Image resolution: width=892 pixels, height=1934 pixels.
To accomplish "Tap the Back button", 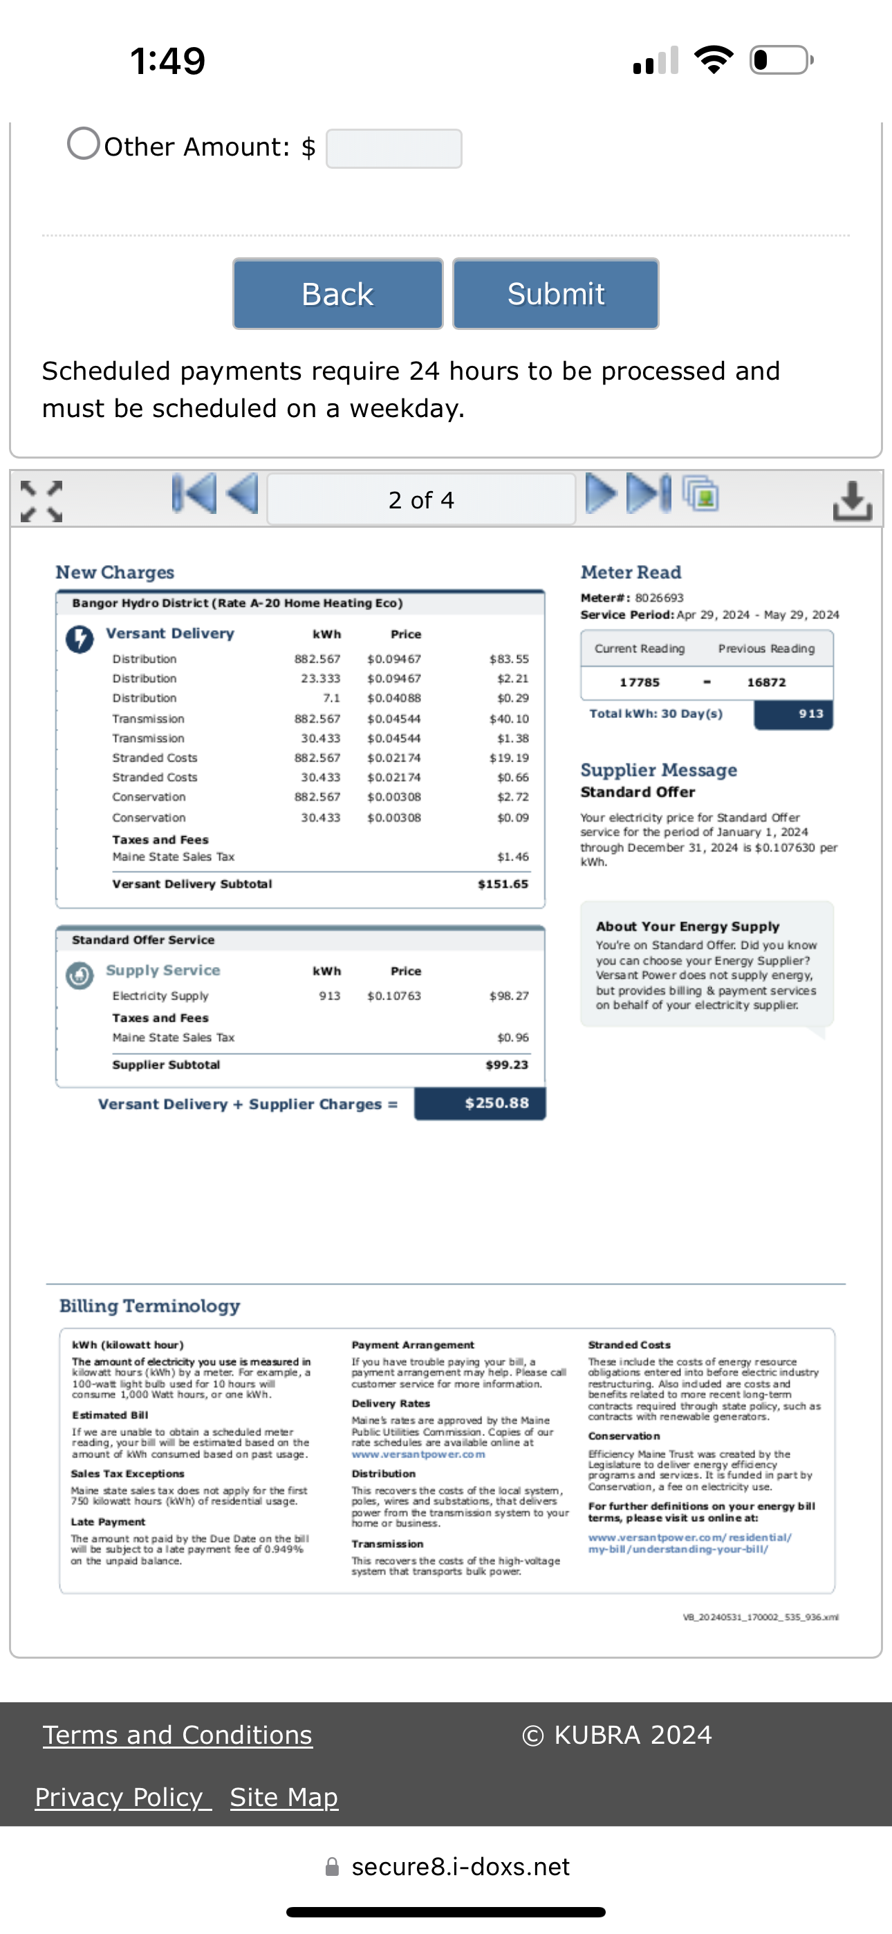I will [x=338, y=293].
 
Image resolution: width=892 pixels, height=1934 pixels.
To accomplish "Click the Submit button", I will [x=556, y=293].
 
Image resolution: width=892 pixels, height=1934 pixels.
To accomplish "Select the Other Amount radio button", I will [x=84, y=142].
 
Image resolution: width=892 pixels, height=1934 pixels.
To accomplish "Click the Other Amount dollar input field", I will [x=393, y=149].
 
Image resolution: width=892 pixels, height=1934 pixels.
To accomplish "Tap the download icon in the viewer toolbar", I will [x=852, y=500].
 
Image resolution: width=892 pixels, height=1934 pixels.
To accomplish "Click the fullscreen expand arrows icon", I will [x=41, y=501].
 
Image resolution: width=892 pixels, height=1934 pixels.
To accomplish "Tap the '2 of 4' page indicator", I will [x=421, y=499].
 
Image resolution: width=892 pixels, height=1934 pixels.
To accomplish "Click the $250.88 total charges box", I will [x=480, y=1103].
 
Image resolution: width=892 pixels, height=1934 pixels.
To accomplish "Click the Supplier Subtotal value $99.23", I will [x=507, y=1065].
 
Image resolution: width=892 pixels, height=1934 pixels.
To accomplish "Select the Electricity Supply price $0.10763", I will [x=393, y=995].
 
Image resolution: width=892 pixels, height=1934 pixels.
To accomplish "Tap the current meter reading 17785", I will [x=639, y=683].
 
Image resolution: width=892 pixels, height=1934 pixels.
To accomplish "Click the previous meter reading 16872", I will [x=766, y=683].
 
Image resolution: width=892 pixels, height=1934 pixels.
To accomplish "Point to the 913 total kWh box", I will [x=794, y=714].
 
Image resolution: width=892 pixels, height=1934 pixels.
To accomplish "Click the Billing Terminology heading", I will [x=149, y=1306].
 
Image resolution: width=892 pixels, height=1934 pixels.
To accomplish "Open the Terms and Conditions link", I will [x=177, y=1734].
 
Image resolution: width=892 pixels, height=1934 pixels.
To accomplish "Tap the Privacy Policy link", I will [x=122, y=1796].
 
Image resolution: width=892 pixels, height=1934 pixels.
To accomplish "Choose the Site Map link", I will [x=284, y=1796].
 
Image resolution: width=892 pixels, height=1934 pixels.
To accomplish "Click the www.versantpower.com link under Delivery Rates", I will [x=418, y=1454].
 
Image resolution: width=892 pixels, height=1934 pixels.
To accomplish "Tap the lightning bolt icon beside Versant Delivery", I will [x=80, y=639].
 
